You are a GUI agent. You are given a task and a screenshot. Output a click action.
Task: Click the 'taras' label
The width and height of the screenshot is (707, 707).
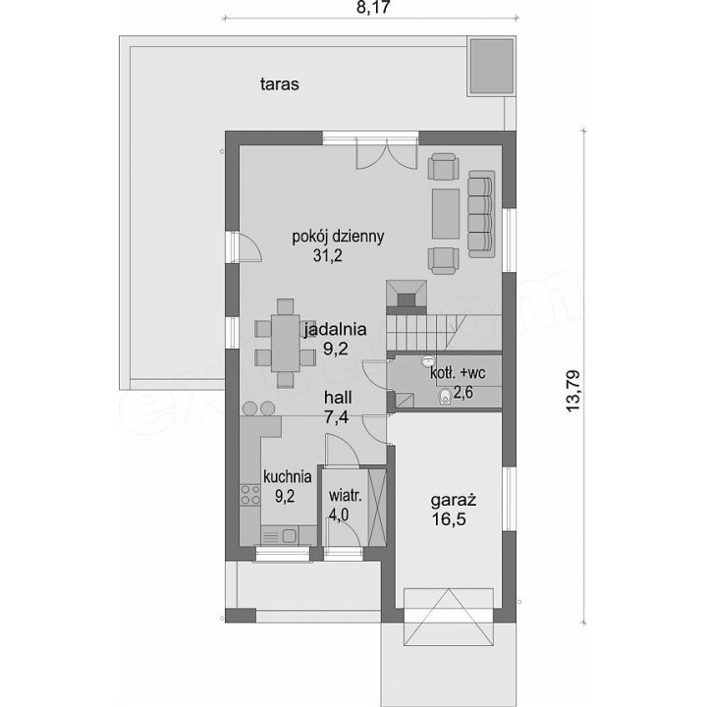(280, 84)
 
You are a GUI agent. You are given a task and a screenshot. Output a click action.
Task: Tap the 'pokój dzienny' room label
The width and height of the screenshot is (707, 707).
(338, 237)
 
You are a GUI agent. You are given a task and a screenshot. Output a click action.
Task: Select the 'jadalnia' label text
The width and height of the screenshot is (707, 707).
(335, 330)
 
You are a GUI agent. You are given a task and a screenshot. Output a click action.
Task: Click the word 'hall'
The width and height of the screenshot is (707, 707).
(338, 398)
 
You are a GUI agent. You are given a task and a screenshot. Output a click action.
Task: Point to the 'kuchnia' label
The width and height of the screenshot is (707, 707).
(287, 476)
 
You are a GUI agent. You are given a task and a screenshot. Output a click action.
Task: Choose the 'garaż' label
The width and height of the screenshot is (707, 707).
(454, 501)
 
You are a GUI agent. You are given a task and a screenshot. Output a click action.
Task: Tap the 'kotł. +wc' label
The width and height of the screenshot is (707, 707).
(458, 374)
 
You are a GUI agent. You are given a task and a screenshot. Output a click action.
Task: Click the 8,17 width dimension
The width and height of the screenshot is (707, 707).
(372, 8)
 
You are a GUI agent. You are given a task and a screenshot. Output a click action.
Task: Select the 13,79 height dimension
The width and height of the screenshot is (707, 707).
(573, 391)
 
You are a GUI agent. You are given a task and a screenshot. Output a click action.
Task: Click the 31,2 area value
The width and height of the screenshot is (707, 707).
(328, 256)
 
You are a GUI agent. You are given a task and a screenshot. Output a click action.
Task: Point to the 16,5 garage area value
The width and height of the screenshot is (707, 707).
(449, 519)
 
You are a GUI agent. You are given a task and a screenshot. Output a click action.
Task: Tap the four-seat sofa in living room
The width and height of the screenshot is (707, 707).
(481, 214)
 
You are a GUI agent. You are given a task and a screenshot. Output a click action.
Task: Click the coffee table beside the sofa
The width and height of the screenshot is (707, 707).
(446, 214)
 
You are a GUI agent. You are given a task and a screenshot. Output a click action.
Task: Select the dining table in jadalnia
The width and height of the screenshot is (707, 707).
(286, 343)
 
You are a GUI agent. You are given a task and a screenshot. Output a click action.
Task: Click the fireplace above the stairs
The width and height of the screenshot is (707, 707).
(407, 297)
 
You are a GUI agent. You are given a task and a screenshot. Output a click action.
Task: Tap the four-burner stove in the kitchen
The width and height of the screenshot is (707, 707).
(250, 494)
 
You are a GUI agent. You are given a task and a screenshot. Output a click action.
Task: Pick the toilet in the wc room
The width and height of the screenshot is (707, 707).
(445, 397)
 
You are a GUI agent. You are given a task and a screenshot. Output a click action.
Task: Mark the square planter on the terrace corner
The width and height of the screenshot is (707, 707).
(492, 67)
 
